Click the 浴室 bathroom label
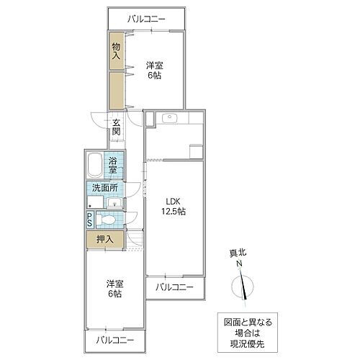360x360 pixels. coord(114,168)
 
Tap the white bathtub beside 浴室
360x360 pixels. coord(95,168)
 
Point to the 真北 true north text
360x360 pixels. coord(238,253)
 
